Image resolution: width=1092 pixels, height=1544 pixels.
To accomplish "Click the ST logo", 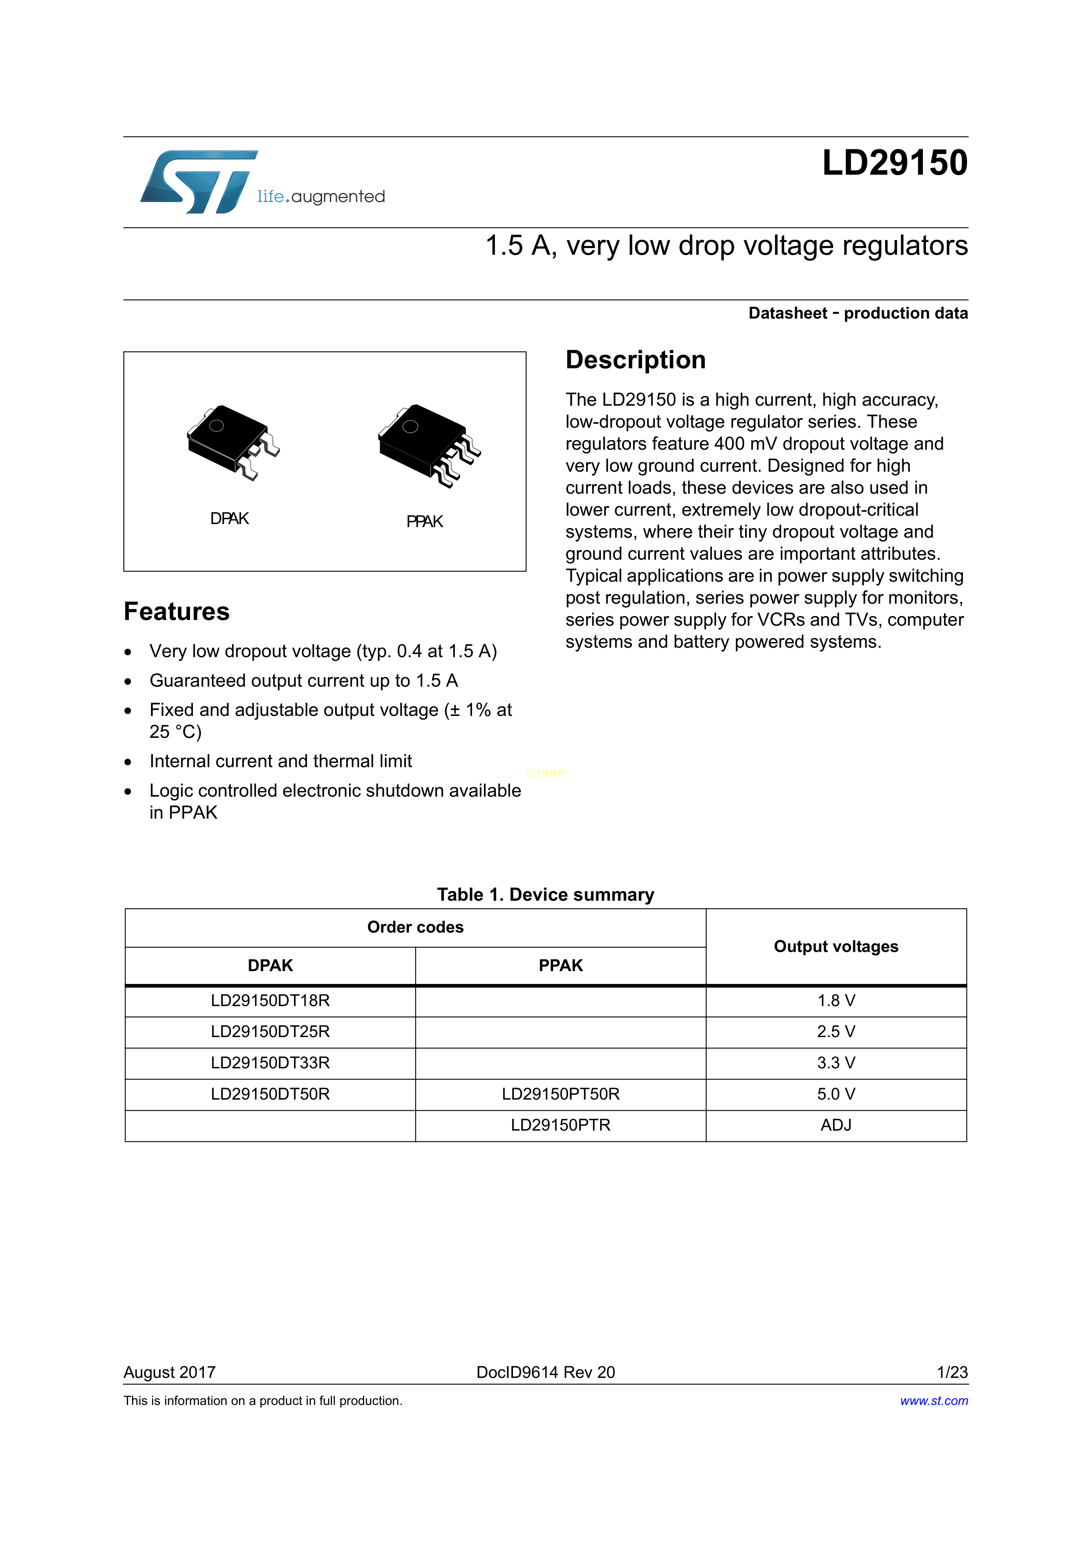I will (x=199, y=182).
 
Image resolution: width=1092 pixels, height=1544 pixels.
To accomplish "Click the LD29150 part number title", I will (x=894, y=163).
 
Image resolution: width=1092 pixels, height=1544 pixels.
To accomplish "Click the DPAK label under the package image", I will (x=229, y=518).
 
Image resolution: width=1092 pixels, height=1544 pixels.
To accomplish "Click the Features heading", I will (x=176, y=611).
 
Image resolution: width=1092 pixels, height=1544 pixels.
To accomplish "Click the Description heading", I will (x=635, y=360).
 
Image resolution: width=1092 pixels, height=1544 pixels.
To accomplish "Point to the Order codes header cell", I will (x=415, y=928).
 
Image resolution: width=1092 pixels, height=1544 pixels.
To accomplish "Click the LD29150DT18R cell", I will (x=270, y=1001).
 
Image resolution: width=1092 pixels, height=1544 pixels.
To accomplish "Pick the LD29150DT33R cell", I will (x=270, y=1063).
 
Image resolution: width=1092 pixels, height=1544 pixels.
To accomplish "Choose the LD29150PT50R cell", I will (x=561, y=1094).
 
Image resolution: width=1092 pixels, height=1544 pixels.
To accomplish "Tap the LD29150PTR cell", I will (x=561, y=1125).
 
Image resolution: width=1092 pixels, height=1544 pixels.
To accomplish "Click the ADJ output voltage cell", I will (x=836, y=1125).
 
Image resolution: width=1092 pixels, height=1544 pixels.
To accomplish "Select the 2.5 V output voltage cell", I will (x=836, y=1031).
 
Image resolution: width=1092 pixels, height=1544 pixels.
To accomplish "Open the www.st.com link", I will (x=934, y=1401).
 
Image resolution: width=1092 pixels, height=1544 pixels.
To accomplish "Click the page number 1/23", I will (x=952, y=1372).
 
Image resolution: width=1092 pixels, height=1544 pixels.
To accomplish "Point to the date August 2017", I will (x=170, y=1372).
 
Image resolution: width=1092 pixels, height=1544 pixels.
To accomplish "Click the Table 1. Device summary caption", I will (x=546, y=895).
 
